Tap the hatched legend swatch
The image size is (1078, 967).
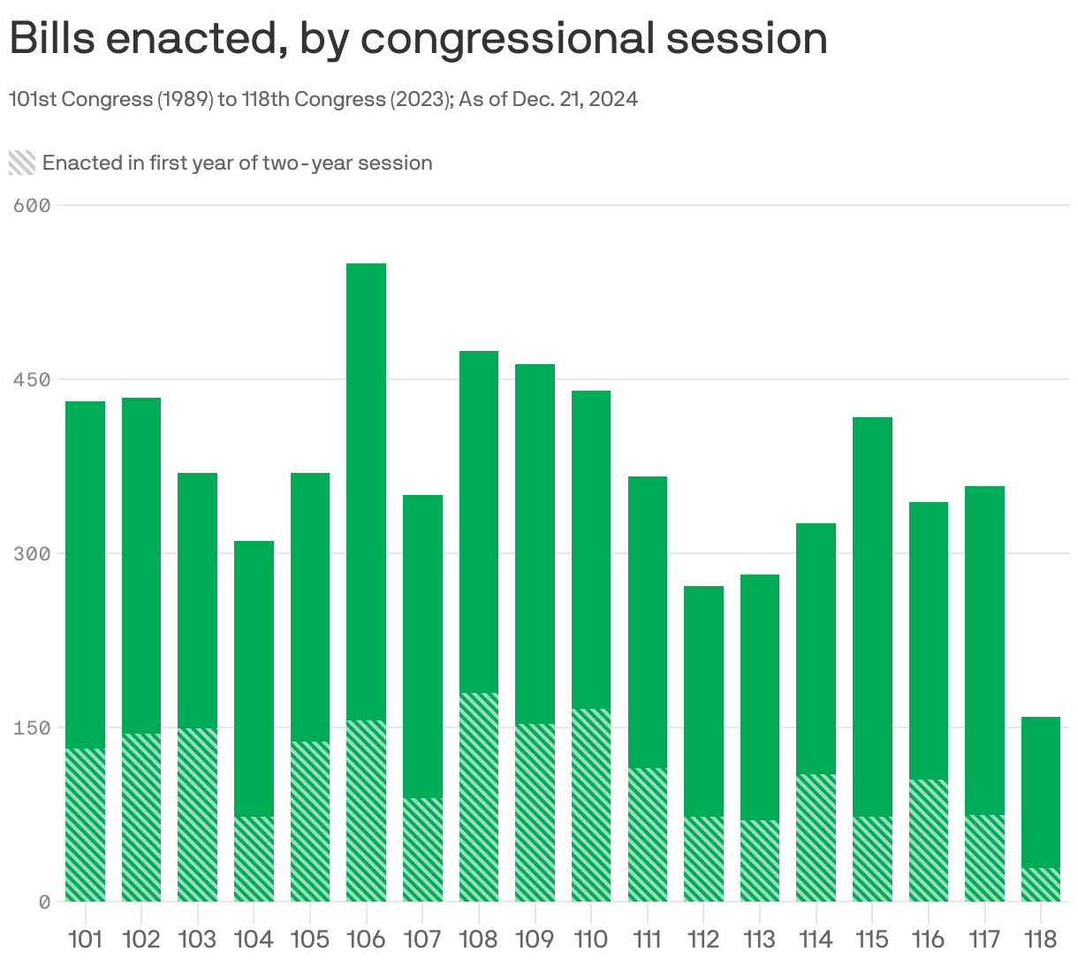[21, 163]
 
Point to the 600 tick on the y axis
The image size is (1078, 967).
[32, 205]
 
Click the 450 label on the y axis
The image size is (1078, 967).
[32, 379]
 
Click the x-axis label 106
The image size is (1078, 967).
[366, 939]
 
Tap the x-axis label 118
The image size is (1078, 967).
[1041, 939]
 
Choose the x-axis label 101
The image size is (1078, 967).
[85, 939]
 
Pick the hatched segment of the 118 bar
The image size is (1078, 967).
[1041, 885]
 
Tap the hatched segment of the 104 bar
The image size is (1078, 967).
[254, 859]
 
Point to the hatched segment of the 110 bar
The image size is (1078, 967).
[591, 805]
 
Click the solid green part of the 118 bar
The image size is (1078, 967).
[1041, 792]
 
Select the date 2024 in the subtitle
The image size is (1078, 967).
[613, 99]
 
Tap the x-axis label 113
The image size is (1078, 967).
[760, 939]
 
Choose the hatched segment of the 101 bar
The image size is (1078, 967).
[85, 825]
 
